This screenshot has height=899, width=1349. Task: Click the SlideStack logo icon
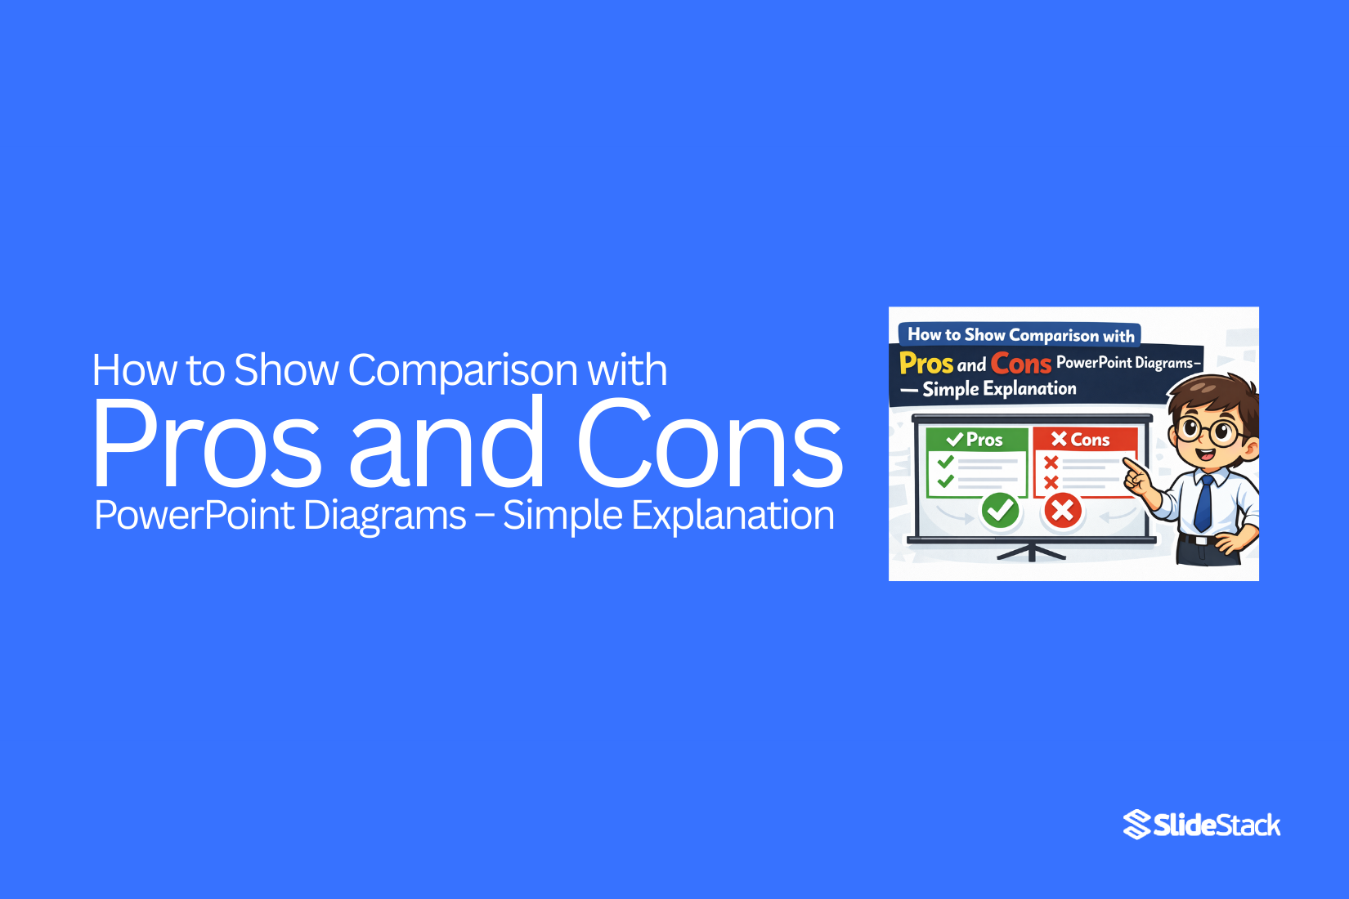pyautogui.click(x=1136, y=825)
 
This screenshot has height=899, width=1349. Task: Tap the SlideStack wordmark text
pyautogui.click(x=1217, y=825)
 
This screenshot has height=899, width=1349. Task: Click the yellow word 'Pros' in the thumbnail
pyautogui.click(x=926, y=363)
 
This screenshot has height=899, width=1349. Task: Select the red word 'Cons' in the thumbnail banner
pyautogui.click(x=1021, y=363)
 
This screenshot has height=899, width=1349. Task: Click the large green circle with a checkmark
pyautogui.click(x=1000, y=512)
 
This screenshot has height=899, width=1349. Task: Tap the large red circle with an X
pyautogui.click(x=1063, y=512)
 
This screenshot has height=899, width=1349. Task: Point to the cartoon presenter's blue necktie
pyautogui.click(x=1204, y=502)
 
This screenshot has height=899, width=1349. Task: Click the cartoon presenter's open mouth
pyautogui.click(x=1205, y=454)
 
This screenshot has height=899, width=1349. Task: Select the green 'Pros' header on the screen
pyautogui.click(x=976, y=440)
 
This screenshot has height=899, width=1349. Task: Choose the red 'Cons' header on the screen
pyautogui.click(x=1082, y=440)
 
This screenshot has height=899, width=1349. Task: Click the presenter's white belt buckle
pyautogui.click(x=1200, y=539)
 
